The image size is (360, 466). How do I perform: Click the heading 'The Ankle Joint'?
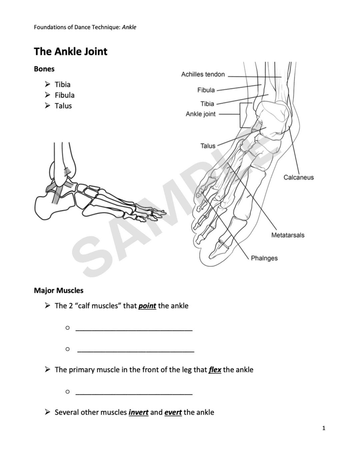pyautogui.click(x=71, y=51)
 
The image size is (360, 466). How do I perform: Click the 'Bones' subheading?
pyautogui.click(x=44, y=69)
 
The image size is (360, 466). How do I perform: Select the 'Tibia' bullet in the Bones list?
pyautogui.click(x=62, y=84)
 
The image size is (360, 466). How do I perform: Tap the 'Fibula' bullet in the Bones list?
pyautogui.click(x=64, y=95)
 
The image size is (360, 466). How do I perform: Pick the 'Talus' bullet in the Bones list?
pyautogui.click(x=63, y=106)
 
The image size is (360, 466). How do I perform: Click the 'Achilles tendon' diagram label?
pyautogui.click(x=203, y=74)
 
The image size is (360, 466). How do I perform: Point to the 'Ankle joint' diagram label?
pyautogui.click(x=200, y=114)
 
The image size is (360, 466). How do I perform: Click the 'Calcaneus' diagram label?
pyautogui.click(x=298, y=177)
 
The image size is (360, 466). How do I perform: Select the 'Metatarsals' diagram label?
pyautogui.click(x=288, y=235)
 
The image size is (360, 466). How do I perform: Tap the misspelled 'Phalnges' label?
pyautogui.click(x=264, y=258)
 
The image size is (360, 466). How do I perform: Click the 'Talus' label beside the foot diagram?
pyautogui.click(x=208, y=146)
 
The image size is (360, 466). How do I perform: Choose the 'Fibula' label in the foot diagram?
pyautogui.click(x=206, y=90)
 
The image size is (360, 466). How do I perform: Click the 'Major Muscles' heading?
pyautogui.click(x=59, y=290)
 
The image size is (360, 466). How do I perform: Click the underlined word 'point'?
pyautogui.click(x=147, y=306)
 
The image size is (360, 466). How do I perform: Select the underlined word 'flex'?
pyautogui.click(x=215, y=370)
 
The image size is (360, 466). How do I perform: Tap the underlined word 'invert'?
pyautogui.click(x=138, y=412)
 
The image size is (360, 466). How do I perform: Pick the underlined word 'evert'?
pyautogui.click(x=173, y=412)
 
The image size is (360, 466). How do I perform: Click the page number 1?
pyautogui.click(x=324, y=428)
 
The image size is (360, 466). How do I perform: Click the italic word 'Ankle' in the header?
pyautogui.click(x=129, y=27)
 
